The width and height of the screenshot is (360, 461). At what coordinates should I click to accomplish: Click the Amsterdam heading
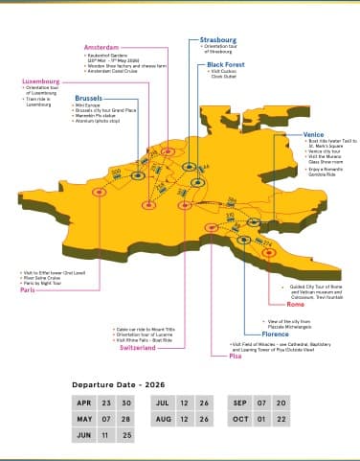[x=101, y=47]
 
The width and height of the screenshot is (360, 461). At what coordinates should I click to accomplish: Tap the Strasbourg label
[x=219, y=41]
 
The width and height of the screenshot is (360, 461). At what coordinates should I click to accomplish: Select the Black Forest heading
[x=228, y=64]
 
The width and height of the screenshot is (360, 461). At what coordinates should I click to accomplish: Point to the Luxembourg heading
[x=42, y=82]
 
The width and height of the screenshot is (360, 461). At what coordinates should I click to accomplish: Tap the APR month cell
[x=84, y=403]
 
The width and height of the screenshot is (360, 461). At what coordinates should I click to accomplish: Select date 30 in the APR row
[x=127, y=403]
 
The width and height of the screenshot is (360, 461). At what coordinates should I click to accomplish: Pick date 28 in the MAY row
[x=127, y=419]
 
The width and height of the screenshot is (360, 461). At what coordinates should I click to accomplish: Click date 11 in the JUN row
[x=106, y=434]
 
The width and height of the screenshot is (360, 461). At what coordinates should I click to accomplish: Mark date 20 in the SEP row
[x=281, y=403]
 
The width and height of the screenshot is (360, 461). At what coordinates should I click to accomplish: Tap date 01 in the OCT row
[x=259, y=419]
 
